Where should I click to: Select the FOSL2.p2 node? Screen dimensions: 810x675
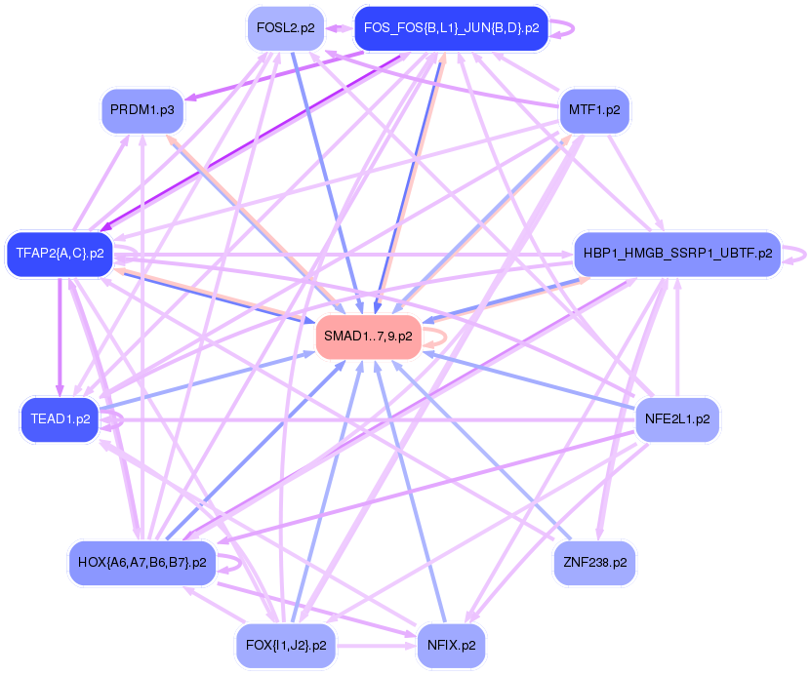point(285,27)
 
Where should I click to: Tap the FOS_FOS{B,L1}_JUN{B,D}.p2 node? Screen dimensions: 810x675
point(451,27)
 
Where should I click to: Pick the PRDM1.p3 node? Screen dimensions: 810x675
point(142,109)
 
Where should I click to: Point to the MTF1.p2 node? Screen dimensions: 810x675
point(594,109)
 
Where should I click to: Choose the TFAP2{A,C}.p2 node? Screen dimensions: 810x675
point(60,253)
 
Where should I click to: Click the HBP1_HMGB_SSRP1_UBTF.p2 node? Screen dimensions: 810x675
point(677,253)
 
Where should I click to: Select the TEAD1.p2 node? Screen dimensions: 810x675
point(61,418)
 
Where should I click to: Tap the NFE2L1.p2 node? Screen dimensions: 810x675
point(677,418)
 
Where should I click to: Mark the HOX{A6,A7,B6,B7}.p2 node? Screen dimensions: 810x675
point(142,562)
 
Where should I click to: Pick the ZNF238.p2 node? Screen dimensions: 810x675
point(594,562)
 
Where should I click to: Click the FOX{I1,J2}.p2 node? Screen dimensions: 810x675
point(286,645)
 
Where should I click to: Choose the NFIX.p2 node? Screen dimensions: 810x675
point(451,645)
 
